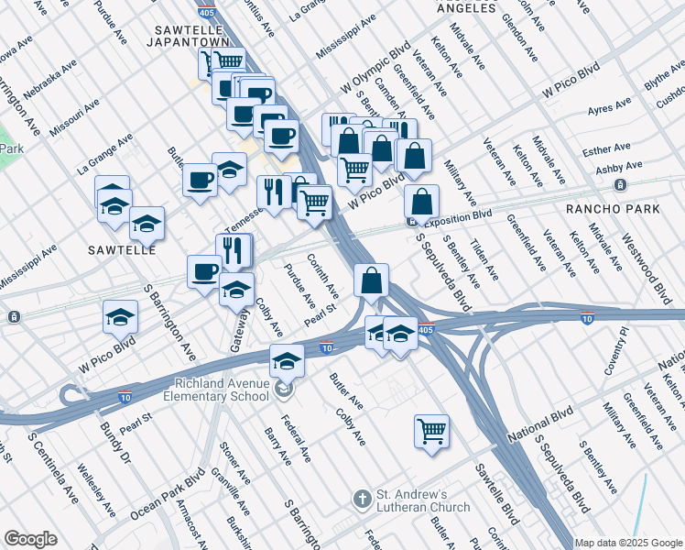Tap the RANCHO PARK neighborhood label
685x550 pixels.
pyautogui.click(x=613, y=209)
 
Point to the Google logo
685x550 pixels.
pyautogui.click(x=30, y=538)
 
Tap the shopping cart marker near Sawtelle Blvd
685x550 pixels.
pyautogui.click(x=431, y=430)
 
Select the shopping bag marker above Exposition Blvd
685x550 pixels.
pyautogui.click(x=420, y=202)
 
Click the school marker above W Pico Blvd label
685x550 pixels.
pyautogui.click(x=119, y=317)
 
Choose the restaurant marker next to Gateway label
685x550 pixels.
pyautogui.click(x=234, y=249)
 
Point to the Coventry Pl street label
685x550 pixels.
pyautogui.click(x=623, y=344)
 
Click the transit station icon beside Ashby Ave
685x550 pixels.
pyautogui.click(x=620, y=185)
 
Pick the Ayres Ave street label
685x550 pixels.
pyautogui.click(x=612, y=110)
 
